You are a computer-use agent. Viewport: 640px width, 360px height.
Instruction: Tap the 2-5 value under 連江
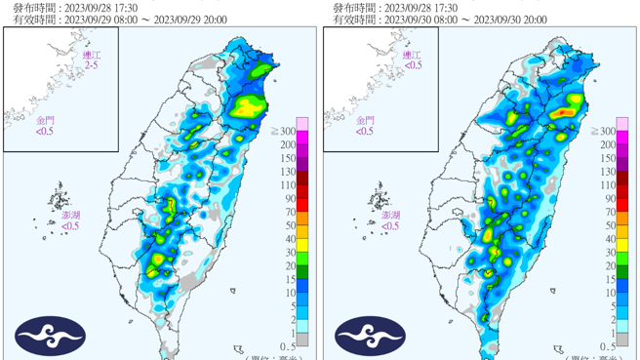(91, 65)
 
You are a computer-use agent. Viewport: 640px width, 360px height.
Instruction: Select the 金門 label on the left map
(45, 120)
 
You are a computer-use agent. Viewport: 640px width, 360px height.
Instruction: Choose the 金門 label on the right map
(365, 120)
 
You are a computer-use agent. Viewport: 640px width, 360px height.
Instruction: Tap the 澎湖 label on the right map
(390, 216)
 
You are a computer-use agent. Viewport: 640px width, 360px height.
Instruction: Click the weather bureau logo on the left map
(50, 337)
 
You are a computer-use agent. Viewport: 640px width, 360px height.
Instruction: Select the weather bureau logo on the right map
(371, 337)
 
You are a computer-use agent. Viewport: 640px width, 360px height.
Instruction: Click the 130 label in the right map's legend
(608, 171)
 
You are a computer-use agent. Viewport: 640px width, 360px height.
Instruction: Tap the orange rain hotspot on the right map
(563, 113)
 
